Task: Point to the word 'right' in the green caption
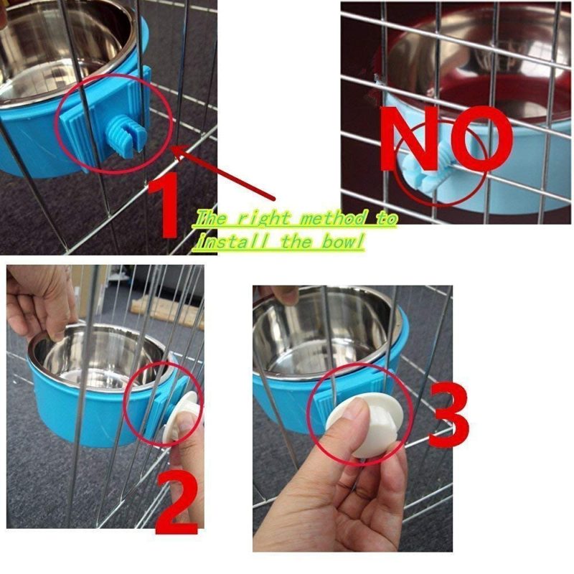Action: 262,219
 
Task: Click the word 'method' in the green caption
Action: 333,219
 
